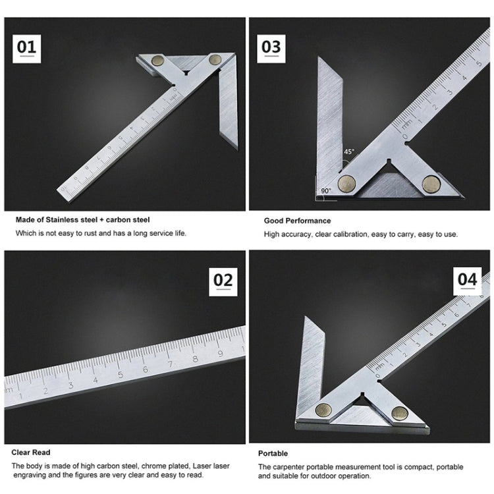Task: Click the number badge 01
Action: click(27, 48)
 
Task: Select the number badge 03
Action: click(271, 47)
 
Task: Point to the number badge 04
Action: click(467, 279)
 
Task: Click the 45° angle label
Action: click(348, 151)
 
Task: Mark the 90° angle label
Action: click(325, 190)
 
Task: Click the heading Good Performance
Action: click(297, 221)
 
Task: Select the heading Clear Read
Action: click(31, 453)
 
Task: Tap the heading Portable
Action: click(273, 453)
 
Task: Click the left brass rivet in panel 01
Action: click(159, 61)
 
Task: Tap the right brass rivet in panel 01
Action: click(214, 59)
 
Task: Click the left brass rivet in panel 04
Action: click(323, 410)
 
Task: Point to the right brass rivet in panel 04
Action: click(400, 413)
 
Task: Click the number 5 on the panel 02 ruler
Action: click(121, 374)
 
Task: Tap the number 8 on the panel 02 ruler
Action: click(195, 359)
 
